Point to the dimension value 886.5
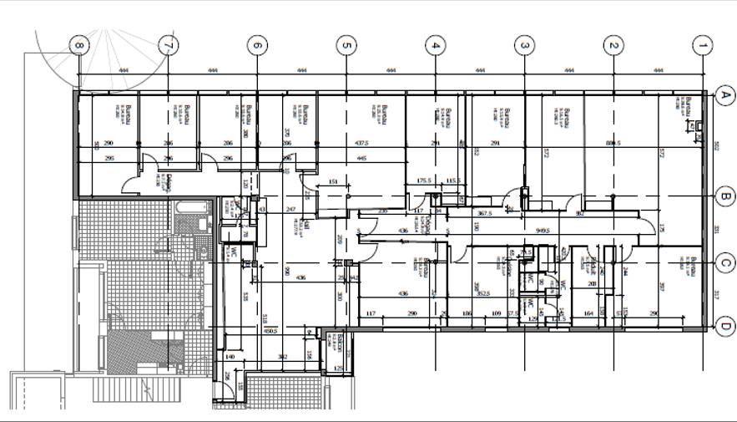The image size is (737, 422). point(613,144)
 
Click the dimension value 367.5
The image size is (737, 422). point(484,213)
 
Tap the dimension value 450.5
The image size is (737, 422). point(270,331)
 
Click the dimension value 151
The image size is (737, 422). point(333,181)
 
